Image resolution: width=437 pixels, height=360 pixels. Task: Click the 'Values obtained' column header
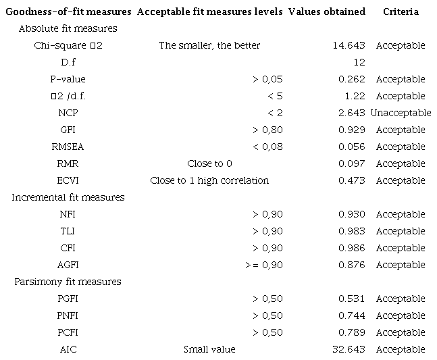(326, 11)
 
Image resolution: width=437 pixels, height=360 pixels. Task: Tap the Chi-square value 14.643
(349, 45)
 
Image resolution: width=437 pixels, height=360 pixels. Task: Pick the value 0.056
(352, 147)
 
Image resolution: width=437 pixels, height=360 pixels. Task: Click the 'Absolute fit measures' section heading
(68, 28)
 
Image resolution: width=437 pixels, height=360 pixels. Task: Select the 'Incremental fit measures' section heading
(68, 197)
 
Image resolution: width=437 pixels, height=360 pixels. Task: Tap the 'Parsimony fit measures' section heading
(68, 282)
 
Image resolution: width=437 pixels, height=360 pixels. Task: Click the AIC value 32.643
(349, 349)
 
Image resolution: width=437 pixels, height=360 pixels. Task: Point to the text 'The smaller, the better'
(209, 45)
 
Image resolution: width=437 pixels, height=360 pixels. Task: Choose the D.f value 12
(359, 62)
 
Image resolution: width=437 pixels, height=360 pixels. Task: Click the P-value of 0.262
(352, 79)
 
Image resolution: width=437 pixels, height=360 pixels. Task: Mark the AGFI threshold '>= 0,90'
(264, 265)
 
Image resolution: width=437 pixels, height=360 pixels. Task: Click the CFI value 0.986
(352, 248)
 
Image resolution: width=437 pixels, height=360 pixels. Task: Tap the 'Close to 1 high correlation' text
(209, 180)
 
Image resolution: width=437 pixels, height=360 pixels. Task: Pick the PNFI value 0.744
(352, 315)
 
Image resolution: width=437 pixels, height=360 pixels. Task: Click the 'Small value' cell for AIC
(209, 349)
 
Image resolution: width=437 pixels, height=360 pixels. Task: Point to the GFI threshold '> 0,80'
(267, 130)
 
